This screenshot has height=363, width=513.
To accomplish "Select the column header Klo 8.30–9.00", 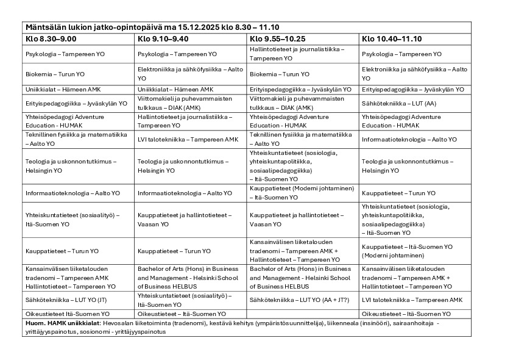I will (x=51, y=38).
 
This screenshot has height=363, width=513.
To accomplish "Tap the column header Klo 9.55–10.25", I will (x=278, y=38).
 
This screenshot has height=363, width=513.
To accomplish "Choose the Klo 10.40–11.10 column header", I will (x=392, y=38).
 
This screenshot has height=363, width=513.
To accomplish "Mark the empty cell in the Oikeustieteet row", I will (x=303, y=314).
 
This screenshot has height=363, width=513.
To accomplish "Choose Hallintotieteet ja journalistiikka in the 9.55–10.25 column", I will (x=297, y=53).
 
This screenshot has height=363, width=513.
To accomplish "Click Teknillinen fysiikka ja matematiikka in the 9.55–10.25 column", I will (x=301, y=138).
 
